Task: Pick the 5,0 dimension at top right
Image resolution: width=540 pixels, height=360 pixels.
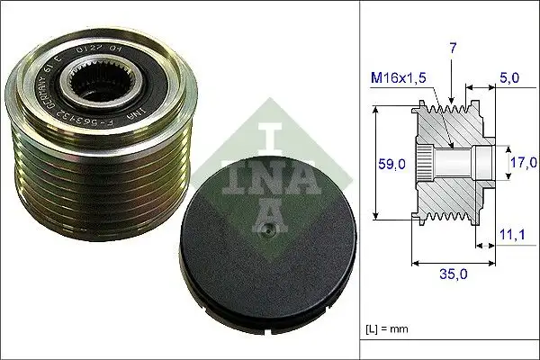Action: [508, 77]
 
